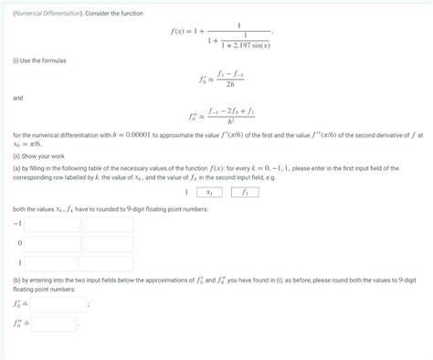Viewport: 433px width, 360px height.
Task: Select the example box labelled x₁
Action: [x=209, y=193]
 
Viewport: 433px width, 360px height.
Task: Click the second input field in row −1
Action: [x=107, y=225]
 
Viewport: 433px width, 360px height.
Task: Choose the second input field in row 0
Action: [x=107, y=245]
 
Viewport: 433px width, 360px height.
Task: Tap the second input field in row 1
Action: [x=107, y=265]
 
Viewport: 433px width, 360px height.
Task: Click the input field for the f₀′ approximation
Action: [x=52, y=304]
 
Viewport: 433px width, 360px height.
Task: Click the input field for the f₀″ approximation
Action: [x=52, y=324]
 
